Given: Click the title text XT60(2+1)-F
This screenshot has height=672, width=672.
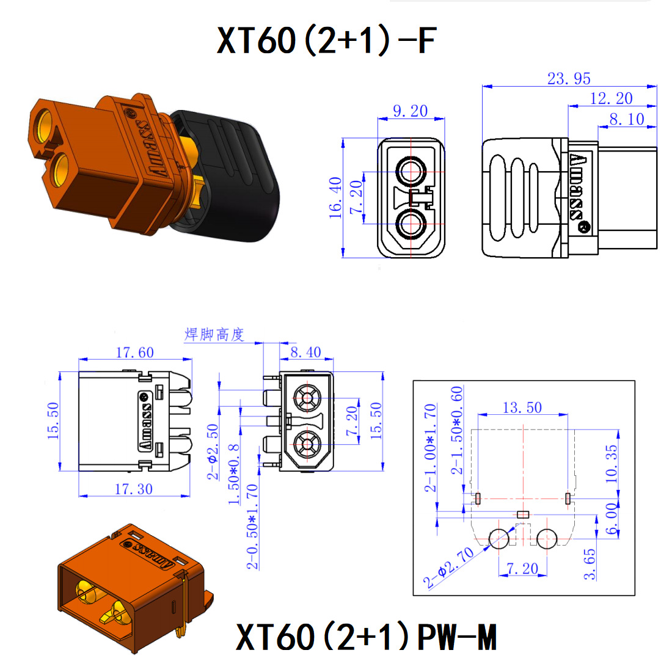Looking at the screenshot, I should pyautogui.click(x=327, y=40).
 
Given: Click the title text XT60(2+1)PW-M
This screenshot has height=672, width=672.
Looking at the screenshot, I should pyautogui.click(x=366, y=637).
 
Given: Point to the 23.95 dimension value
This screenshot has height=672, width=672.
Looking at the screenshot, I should pyautogui.click(x=569, y=79).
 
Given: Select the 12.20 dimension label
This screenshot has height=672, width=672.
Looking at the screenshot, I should pyautogui.click(x=611, y=98).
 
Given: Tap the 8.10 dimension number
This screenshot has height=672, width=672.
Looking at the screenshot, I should pyautogui.click(x=626, y=119).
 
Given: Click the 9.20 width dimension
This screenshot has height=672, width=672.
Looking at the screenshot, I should pyautogui.click(x=410, y=111).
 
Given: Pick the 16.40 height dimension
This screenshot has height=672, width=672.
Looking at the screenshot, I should pyautogui.click(x=335, y=197).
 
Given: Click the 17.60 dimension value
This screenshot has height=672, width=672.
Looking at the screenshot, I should pyautogui.click(x=135, y=352).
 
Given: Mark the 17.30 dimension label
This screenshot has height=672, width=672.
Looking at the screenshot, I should pyautogui.click(x=134, y=489).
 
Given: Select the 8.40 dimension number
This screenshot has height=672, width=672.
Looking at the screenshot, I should pyautogui.click(x=305, y=352).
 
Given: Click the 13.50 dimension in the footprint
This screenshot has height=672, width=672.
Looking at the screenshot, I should pyautogui.click(x=522, y=407).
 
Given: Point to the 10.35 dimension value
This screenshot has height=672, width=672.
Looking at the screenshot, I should pyautogui.click(x=612, y=463).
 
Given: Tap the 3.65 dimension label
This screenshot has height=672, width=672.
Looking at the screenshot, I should pyautogui.click(x=589, y=564).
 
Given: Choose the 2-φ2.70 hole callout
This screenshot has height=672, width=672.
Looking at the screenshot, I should pyautogui.click(x=450, y=568).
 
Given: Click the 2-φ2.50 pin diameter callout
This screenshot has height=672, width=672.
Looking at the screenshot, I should pyautogui.click(x=213, y=451).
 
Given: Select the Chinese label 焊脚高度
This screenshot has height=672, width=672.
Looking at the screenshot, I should pyautogui.click(x=214, y=334).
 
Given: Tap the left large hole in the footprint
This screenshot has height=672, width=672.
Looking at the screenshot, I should pyautogui.click(x=499, y=538).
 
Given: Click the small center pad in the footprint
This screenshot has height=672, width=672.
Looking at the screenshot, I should pyautogui.click(x=522, y=514).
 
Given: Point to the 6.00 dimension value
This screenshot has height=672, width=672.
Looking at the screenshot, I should pyautogui.click(x=612, y=518).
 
